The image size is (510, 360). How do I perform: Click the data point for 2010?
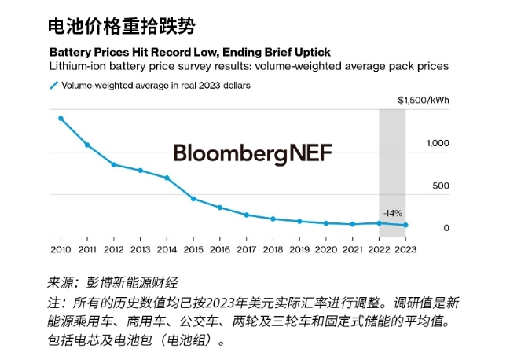61,119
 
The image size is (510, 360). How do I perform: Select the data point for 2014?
167,178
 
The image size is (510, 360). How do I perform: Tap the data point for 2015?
193,199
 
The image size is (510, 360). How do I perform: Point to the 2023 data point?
405,226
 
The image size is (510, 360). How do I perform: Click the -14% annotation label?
392,212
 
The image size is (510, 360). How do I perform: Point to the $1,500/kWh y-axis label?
423,101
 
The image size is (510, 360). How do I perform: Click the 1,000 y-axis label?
438,143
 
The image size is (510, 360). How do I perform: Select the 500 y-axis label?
441,186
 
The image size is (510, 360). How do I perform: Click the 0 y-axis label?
446,228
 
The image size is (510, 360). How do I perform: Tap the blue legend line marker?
53,85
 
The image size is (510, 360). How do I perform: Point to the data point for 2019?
299,222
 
